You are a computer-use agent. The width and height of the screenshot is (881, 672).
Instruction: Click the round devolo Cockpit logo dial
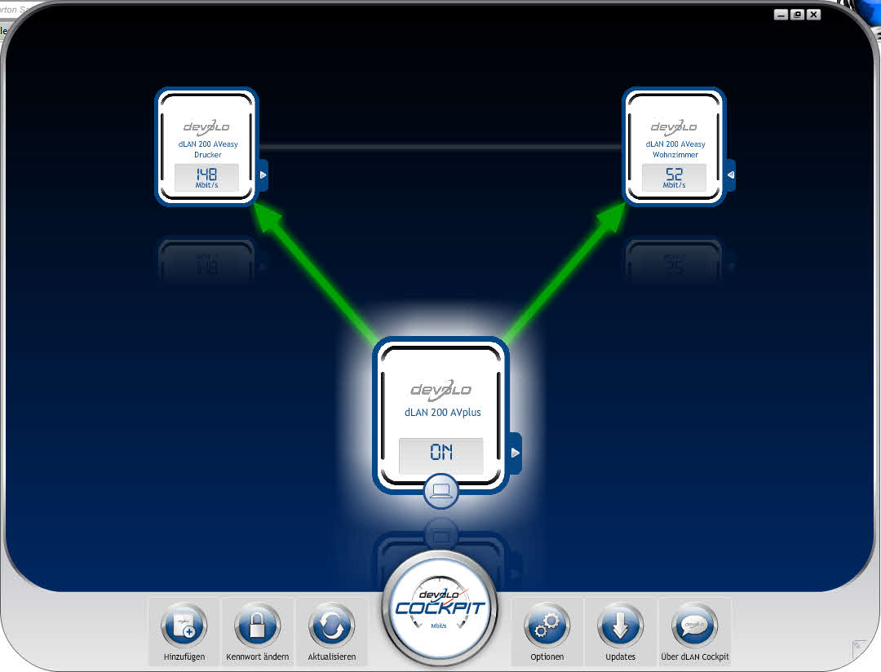coord(440,608)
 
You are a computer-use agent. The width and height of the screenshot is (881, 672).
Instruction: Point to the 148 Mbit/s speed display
coord(206,177)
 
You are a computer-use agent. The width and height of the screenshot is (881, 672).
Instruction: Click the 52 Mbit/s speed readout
coord(674,177)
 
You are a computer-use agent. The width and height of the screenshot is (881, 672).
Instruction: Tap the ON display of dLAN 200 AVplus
coord(440,453)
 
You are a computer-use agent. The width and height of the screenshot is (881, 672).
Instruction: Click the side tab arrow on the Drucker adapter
coord(263,175)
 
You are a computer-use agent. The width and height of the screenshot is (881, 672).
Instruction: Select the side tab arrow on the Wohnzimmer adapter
coord(731,175)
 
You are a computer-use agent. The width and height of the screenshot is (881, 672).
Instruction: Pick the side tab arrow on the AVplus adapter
coord(516,452)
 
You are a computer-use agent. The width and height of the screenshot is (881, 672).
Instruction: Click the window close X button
coord(813,14)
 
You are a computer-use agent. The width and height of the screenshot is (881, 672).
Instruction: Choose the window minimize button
coord(782,14)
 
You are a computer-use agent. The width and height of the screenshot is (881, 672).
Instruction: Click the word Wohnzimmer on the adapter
coord(674,155)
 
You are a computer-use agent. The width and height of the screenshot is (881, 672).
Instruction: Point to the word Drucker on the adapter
coord(206,155)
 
